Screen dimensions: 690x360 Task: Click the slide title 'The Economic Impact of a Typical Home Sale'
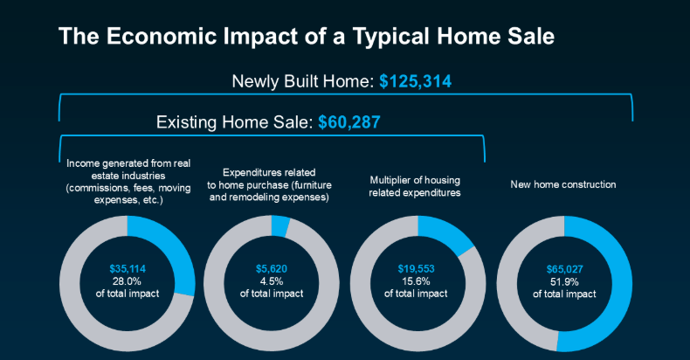pos(307,37)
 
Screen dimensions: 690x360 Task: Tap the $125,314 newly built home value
pos(416,82)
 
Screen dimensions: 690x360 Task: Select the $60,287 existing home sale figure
pos(349,122)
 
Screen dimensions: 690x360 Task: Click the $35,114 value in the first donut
pos(128,269)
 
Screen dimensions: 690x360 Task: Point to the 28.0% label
pos(127,281)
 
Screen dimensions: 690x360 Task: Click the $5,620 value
pos(272,269)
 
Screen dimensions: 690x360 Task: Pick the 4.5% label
pos(272,281)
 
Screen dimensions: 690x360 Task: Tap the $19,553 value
pos(416,269)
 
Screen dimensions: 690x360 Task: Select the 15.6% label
pos(416,281)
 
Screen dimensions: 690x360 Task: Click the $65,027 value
pos(564,269)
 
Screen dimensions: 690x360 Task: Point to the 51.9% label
pos(564,281)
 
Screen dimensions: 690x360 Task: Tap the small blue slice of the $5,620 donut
pos(279,226)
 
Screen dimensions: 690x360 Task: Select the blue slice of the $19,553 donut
pos(445,232)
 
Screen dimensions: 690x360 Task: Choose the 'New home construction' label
pos(563,185)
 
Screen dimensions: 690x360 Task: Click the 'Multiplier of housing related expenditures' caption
pos(415,187)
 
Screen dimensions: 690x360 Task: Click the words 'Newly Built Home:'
pos(303,82)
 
